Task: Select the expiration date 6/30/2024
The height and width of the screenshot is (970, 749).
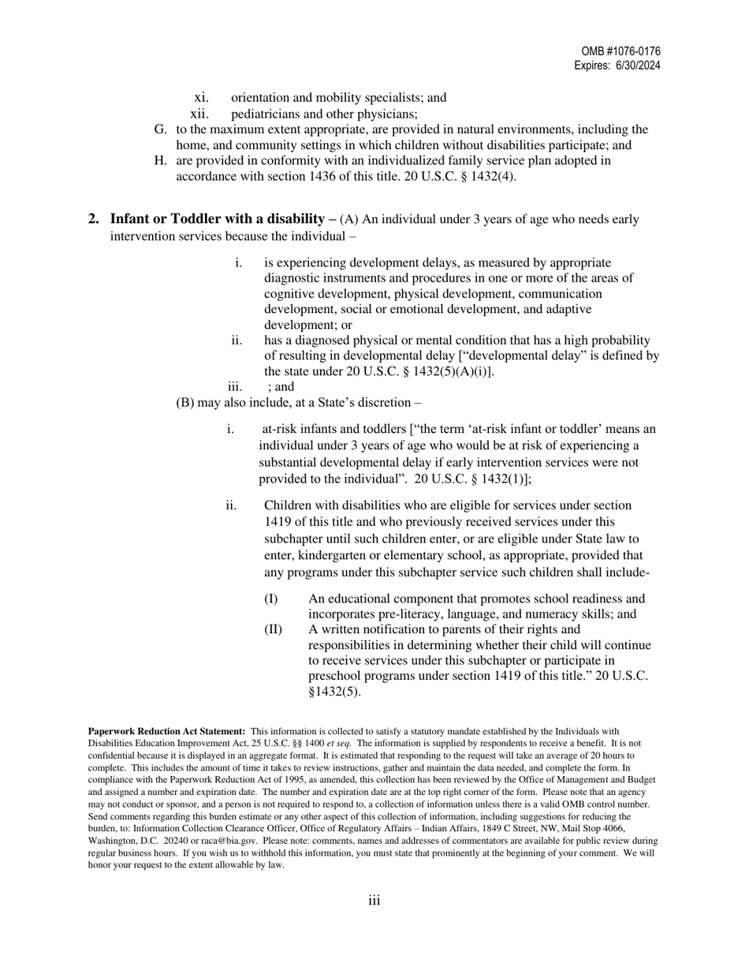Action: (639, 66)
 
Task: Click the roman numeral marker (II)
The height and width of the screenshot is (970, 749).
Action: (273, 629)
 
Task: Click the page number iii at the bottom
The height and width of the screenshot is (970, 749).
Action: (374, 901)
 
